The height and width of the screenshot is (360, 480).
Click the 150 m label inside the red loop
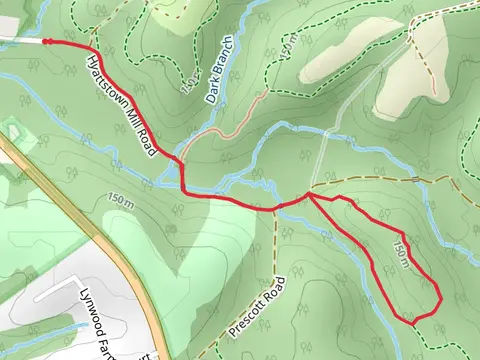(401, 253)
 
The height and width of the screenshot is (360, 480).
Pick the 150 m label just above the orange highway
(120, 201)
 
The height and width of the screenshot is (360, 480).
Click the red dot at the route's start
(45, 41)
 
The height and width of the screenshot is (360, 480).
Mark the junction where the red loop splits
(309, 197)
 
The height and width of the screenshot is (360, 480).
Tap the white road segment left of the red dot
(20, 40)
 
